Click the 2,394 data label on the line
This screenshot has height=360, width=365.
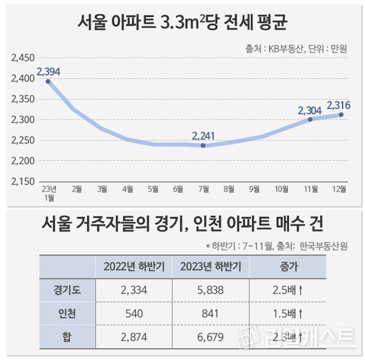click(x=49, y=72)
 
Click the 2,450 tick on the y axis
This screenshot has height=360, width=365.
click(x=23, y=58)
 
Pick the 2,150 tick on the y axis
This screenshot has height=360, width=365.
click(x=23, y=182)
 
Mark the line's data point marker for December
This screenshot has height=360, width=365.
click(x=341, y=115)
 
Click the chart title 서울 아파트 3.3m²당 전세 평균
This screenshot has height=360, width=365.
click(x=182, y=24)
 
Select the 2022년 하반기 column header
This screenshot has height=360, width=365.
click(x=131, y=266)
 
